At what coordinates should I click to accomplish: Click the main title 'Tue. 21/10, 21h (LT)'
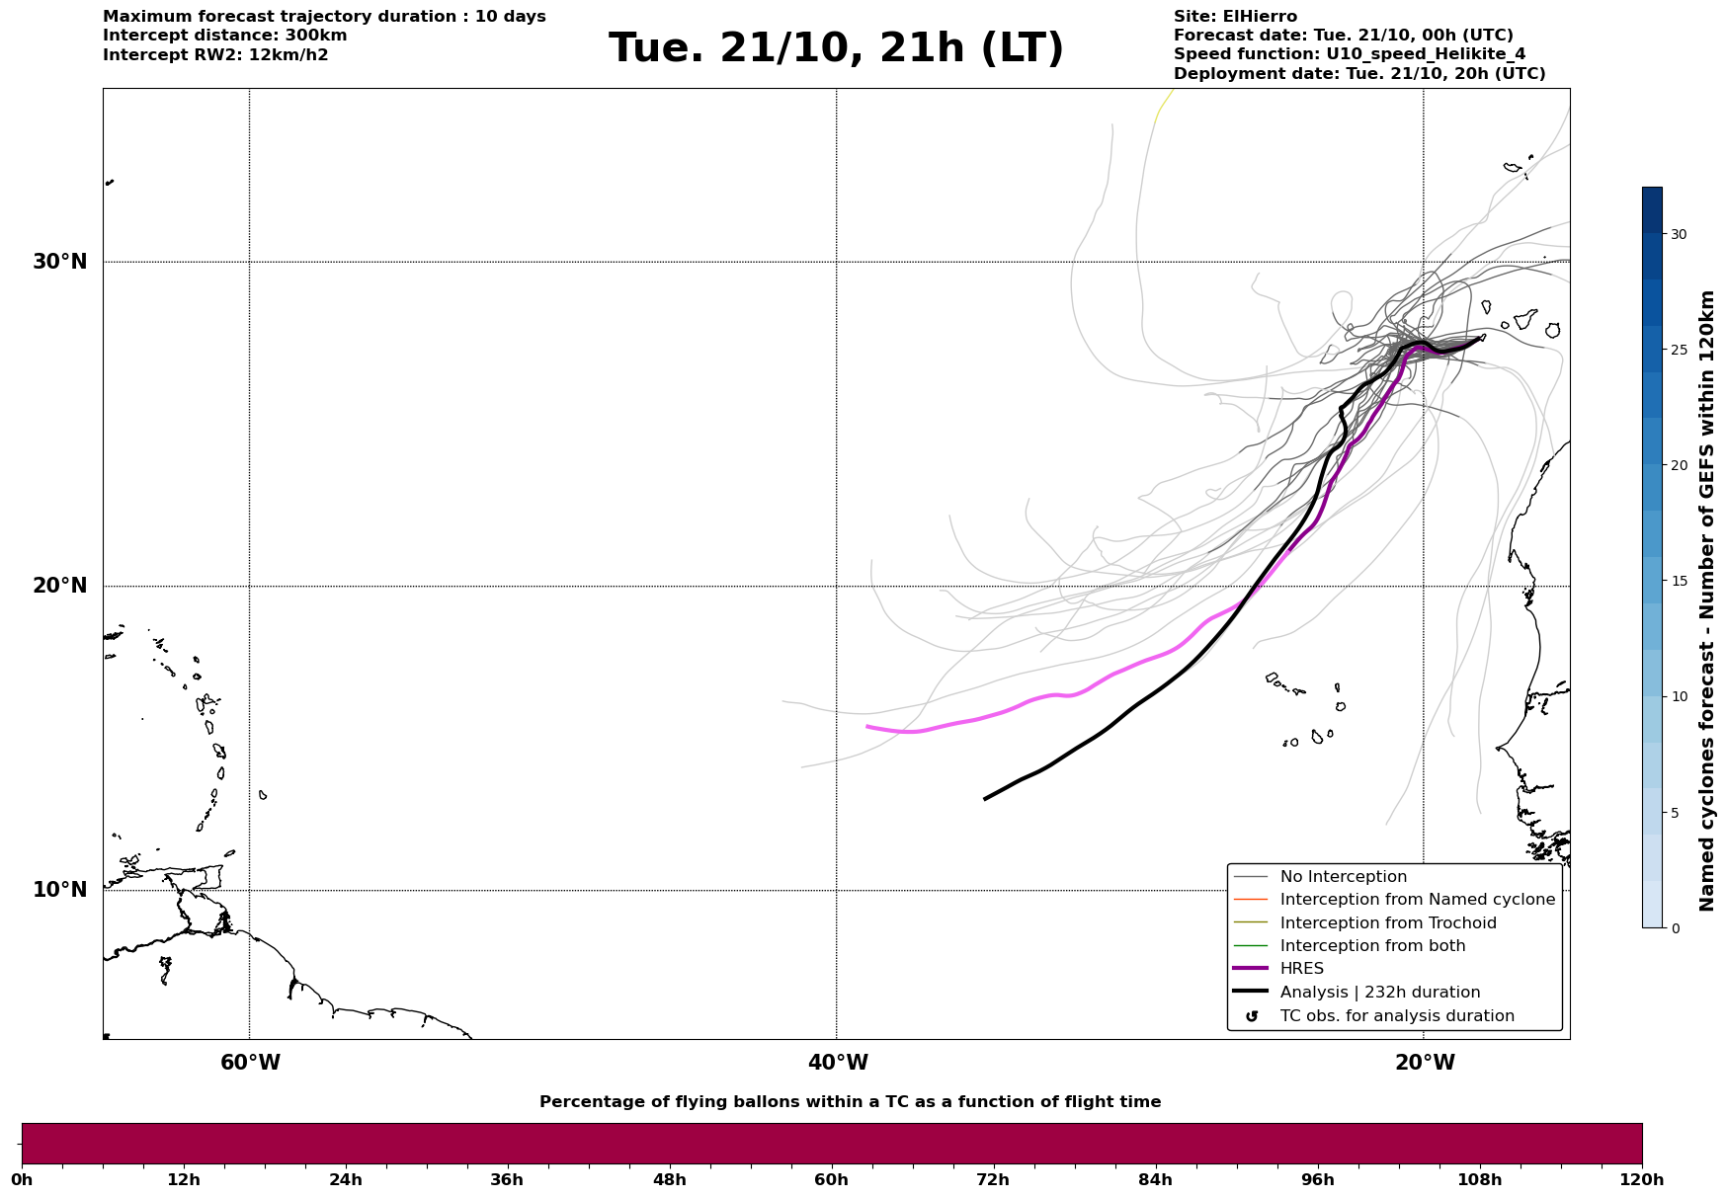836,48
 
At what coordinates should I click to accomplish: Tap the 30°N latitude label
60,262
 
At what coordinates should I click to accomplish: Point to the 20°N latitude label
60,586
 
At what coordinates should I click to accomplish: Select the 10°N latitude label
60,890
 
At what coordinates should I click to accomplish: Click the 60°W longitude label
250,1063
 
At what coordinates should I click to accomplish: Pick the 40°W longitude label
838,1063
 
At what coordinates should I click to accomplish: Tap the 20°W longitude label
1425,1063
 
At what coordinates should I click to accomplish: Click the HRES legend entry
1301,969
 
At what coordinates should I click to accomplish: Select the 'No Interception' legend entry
1343,877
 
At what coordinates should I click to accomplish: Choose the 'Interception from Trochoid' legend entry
1387,923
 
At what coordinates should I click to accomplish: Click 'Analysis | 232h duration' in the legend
1379,993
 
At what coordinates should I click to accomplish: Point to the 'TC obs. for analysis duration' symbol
1252,1016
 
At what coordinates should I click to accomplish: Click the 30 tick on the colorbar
1678,234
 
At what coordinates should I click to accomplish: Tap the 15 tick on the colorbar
1678,581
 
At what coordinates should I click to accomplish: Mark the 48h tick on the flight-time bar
669,1179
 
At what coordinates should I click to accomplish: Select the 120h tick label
1642,1179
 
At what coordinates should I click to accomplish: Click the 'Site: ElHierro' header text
1235,17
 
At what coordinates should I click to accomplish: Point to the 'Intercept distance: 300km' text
225,36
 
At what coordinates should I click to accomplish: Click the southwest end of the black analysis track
985,799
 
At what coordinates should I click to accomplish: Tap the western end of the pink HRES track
867,726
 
